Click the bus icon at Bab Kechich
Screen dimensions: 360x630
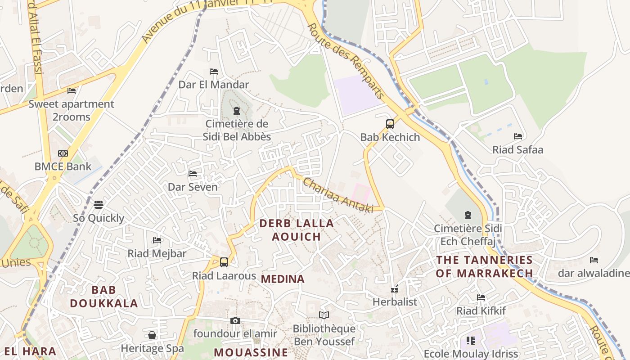click(x=390, y=124)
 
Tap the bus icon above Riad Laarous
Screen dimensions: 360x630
click(x=224, y=262)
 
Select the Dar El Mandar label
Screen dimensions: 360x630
click(x=214, y=85)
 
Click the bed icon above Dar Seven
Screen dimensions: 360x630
click(x=193, y=174)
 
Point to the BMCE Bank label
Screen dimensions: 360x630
click(x=63, y=166)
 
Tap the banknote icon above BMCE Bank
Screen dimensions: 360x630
click(x=63, y=153)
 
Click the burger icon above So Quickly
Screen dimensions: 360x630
click(x=99, y=205)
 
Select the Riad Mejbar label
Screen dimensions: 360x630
click(x=157, y=253)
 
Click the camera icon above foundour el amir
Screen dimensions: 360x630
click(x=235, y=320)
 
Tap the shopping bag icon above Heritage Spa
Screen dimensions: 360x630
click(x=152, y=335)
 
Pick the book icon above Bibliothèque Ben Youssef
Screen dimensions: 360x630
click(x=324, y=315)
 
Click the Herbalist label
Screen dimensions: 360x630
click(x=395, y=302)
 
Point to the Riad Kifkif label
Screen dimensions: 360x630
click(x=481, y=311)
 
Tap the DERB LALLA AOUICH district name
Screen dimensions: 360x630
click(x=297, y=230)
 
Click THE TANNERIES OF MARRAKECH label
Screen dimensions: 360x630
click(x=484, y=266)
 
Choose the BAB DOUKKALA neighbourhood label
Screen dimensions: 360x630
click(x=104, y=297)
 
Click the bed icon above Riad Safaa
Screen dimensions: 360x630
click(x=518, y=136)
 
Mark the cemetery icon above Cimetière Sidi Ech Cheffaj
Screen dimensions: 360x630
click(x=468, y=215)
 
